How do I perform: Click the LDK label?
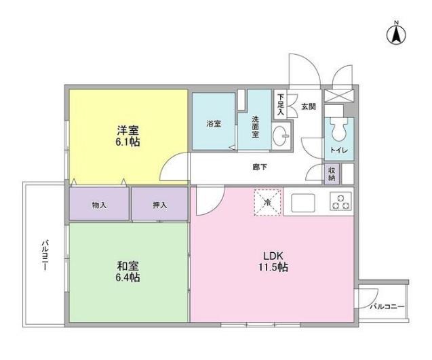(x=273, y=255)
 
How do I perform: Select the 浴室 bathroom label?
(x=214, y=123)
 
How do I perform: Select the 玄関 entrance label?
(x=309, y=107)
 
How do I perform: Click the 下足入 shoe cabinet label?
(x=281, y=106)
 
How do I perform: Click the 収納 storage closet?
(x=332, y=174)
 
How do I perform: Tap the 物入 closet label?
(x=99, y=205)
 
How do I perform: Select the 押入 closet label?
(x=159, y=205)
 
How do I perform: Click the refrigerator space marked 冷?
(x=267, y=201)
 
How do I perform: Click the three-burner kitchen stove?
(x=340, y=202)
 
